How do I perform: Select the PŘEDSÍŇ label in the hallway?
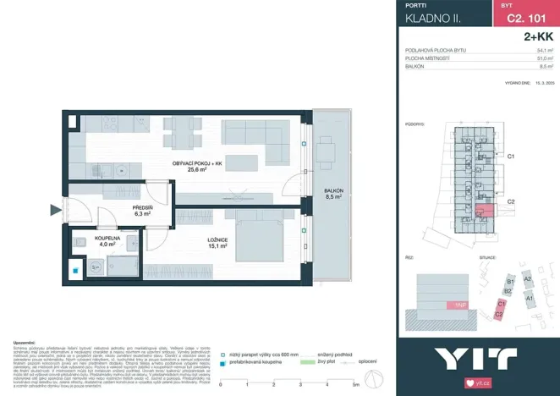141,210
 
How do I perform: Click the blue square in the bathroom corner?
75,272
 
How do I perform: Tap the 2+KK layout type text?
539,37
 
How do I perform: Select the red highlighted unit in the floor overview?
485,212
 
